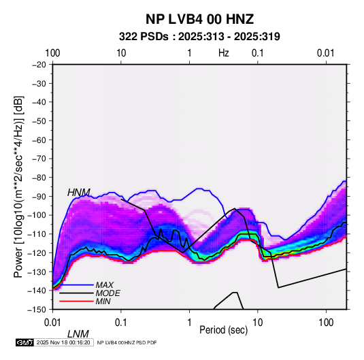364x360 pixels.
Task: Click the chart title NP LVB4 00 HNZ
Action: coord(199,19)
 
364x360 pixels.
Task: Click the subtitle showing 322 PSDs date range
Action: coord(199,37)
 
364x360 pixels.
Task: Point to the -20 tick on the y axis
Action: coord(39,65)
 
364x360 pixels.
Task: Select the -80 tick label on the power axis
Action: coord(39,178)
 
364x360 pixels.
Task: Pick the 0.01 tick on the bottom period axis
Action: coord(52,323)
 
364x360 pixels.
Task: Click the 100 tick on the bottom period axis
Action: coord(326,323)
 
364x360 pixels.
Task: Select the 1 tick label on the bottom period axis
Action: coord(189,323)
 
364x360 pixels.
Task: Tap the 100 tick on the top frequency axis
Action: coord(52,53)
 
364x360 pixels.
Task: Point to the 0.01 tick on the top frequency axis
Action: coord(326,53)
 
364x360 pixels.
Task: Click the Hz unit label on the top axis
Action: coord(224,53)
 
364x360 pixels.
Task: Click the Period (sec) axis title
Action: coord(224,330)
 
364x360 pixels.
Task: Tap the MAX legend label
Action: coord(105,285)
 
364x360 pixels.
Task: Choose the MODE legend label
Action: coord(107,293)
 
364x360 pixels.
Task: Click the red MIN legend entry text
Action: coord(103,301)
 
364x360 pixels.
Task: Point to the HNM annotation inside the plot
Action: coord(79,193)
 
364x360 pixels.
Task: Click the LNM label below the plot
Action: coord(78,334)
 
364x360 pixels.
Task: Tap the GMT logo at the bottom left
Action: coord(24,342)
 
